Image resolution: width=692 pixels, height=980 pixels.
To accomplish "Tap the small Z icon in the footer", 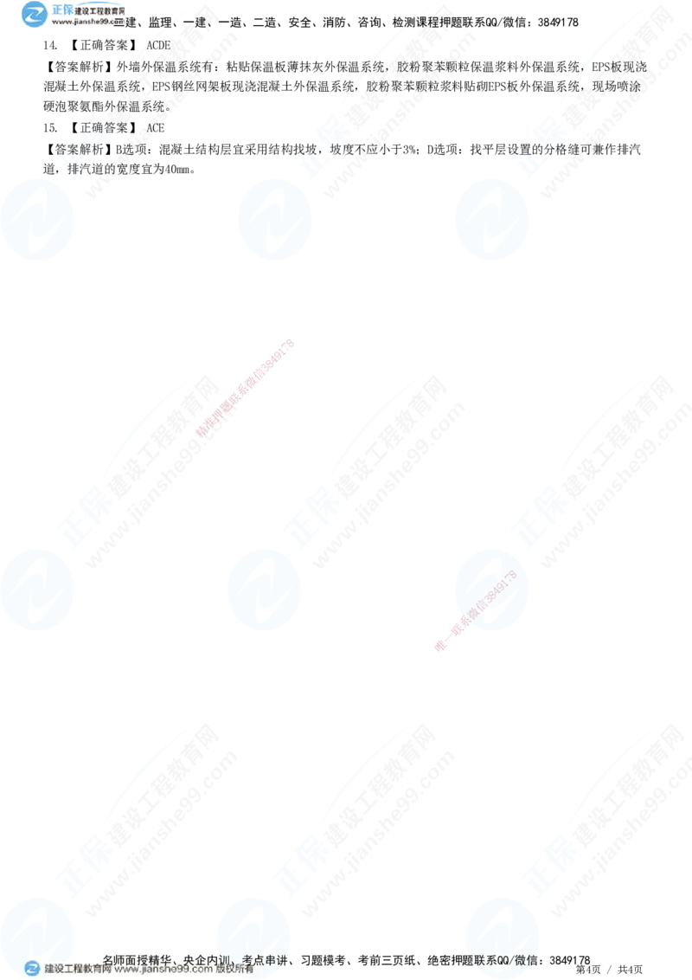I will click(x=32, y=969).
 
